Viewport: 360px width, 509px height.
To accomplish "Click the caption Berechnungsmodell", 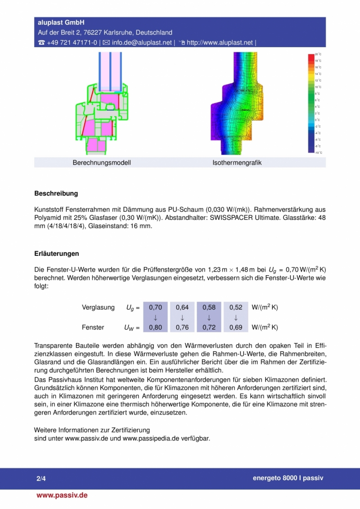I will (x=102, y=163).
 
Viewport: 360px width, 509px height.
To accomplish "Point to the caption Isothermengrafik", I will (x=237, y=163).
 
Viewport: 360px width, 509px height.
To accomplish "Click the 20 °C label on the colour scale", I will (x=318, y=54).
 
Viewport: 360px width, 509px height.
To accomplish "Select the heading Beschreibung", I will (x=56, y=194).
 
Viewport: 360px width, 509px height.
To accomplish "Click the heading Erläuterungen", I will (x=57, y=254).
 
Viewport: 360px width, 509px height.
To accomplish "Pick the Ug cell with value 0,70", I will (x=155, y=308).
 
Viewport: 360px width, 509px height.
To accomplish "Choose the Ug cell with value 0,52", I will (x=236, y=308).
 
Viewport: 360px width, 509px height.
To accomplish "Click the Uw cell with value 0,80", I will (x=155, y=327).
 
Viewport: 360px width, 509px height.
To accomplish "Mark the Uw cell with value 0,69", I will (x=236, y=327).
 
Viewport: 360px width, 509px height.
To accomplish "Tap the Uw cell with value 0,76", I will (x=182, y=327).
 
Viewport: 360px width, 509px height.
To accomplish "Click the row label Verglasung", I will (x=98, y=308).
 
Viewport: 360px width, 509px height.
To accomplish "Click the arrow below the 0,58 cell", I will (x=209, y=317).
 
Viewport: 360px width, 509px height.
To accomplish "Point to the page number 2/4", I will (x=41, y=478).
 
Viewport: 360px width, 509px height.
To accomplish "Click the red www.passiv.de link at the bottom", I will (x=62, y=495).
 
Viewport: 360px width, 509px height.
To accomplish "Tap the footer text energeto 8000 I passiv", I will (x=288, y=478).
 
